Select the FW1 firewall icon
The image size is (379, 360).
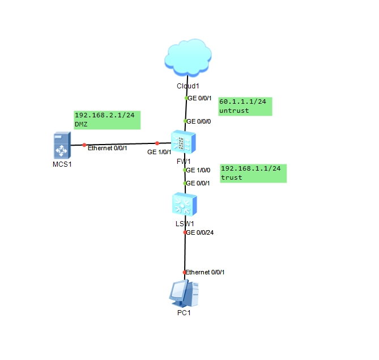[x=184, y=142]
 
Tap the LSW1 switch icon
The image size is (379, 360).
[x=185, y=205]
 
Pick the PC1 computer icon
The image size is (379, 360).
[x=185, y=294]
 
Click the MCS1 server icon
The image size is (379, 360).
[x=61, y=146]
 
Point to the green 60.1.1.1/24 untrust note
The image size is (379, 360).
[x=245, y=106]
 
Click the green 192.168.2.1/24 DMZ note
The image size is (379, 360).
[x=107, y=120]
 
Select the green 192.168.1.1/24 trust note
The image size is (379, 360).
[x=253, y=173]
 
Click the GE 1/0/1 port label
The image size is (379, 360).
[x=159, y=152]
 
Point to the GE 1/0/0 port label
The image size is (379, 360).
[x=199, y=170]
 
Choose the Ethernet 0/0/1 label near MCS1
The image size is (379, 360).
[x=108, y=148]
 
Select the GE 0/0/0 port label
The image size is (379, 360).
[x=199, y=121]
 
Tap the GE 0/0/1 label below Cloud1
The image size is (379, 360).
[x=200, y=98]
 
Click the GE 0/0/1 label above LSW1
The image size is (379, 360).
[x=199, y=183]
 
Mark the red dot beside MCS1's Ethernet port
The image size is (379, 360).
[x=84, y=145]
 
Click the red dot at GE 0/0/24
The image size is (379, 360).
[x=185, y=232]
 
